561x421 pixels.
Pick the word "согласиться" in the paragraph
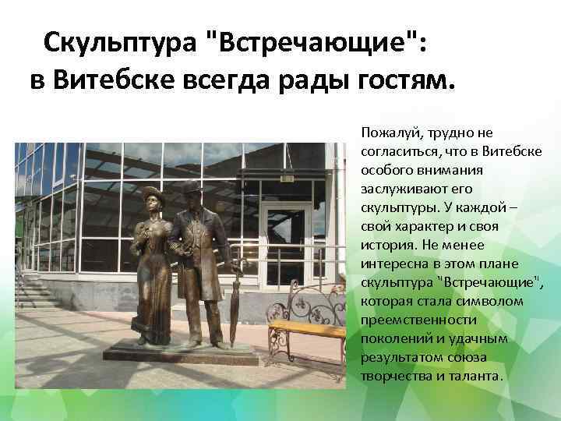pyautogui.click(x=398, y=151)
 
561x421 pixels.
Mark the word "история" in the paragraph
pyautogui.click(x=385, y=245)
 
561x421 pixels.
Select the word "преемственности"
pyautogui.click(x=409, y=320)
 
